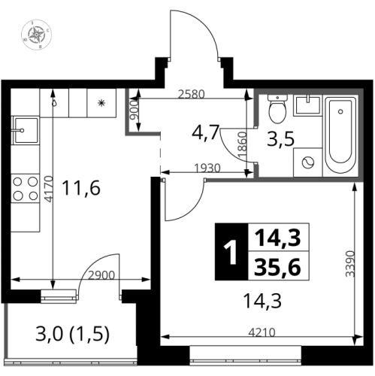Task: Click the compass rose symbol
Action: pos(37,35)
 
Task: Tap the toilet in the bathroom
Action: pos(277,109)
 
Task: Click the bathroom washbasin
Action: pos(308,105)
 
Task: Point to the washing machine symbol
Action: pos(308,162)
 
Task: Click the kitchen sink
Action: pos(26,130)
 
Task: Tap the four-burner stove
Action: pos(26,189)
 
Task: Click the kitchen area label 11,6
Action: pos(81,188)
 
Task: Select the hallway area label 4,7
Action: pos(206,133)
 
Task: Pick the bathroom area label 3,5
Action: pos(280,139)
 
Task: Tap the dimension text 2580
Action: pos(191,94)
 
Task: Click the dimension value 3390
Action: pos(350,263)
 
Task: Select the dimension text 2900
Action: pos(101,275)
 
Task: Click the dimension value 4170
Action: pos(48,189)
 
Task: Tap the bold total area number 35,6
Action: pos(277,267)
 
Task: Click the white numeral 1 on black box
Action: pos(231,252)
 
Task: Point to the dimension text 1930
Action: pos(207,168)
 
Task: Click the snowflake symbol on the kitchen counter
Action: pos(101,103)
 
